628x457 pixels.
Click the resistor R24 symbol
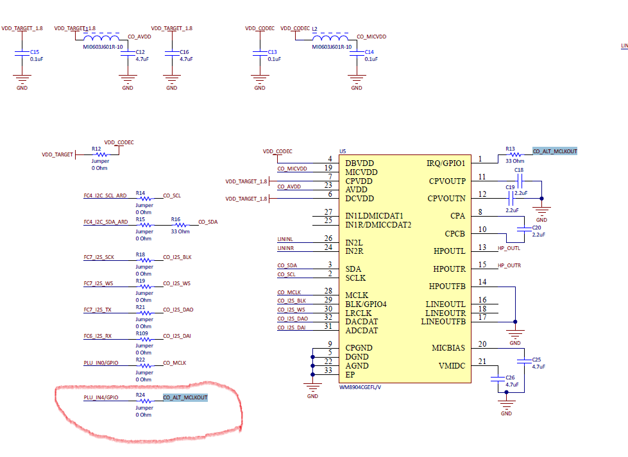(144, 401)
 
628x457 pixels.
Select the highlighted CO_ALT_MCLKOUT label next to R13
(555, 152)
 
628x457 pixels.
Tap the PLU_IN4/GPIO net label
(101, 397)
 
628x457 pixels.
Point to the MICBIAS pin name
(448, 348)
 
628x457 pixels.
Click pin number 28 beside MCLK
(328, 292)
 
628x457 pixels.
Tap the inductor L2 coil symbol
(325, 38)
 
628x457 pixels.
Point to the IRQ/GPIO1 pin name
(446, 163)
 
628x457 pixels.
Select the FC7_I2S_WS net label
(99, 283)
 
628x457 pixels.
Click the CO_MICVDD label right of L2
(371, 37)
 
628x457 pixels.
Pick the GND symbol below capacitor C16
(171, 81)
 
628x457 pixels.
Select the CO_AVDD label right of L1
(139, 37)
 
